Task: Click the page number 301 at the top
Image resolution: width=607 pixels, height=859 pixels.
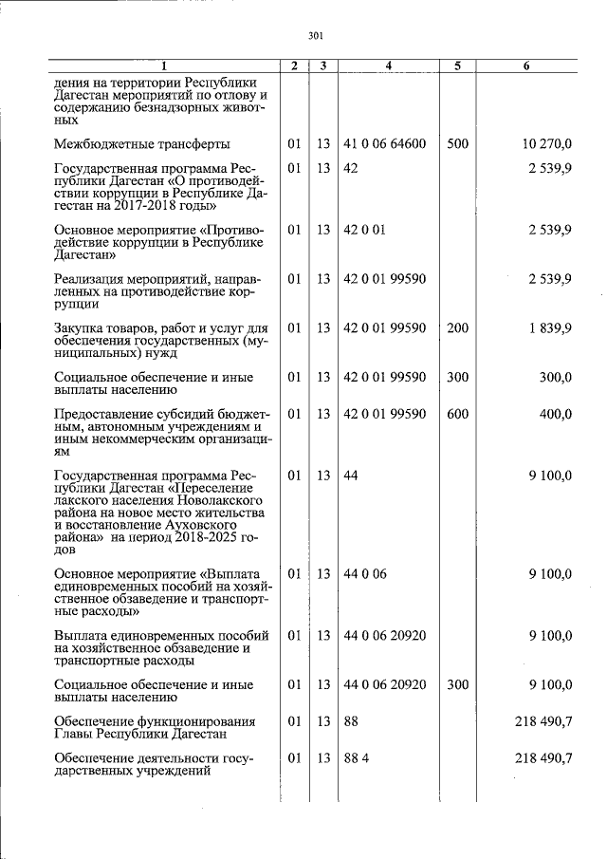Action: [317, 36]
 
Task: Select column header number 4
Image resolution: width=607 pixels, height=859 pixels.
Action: [389, 65]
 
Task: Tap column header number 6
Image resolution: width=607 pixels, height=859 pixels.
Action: [527, 65]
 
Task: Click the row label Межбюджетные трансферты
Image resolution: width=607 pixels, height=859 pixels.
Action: [141, 144]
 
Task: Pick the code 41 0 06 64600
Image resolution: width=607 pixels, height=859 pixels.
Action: [384, 144]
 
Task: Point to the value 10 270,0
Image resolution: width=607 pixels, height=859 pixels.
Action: [546, 144]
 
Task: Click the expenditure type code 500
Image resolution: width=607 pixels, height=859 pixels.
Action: [457, 144]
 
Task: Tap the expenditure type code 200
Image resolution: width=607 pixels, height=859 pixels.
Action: [457, 327]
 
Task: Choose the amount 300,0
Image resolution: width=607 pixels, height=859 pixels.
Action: [555, 377]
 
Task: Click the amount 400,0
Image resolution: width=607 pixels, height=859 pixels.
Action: [555, 414]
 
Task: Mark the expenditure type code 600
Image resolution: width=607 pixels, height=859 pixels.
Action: [457, 414]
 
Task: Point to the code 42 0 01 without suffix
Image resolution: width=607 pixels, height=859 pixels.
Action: [364, 230]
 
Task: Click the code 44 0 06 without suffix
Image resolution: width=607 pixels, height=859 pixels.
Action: [365, 573]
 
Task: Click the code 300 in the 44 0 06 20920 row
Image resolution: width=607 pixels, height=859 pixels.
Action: [457, 684]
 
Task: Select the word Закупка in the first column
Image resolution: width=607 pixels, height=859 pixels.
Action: [80, 327]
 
